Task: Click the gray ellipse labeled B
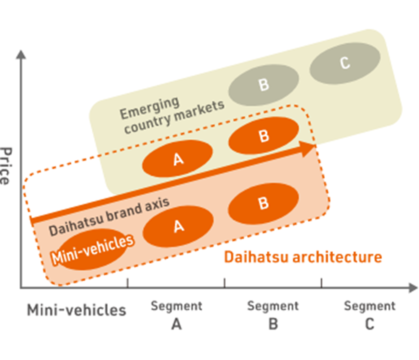click(x=264, y=85)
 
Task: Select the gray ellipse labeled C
click(x=345, y=63)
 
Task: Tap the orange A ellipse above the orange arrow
click(x=178, y=158)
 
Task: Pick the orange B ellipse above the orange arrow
click(x=264, y=135)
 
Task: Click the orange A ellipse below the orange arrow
click(x=178, y=226)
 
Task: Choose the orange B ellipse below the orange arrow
click(x=263, y=203)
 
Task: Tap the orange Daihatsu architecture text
click(x=303, y=257)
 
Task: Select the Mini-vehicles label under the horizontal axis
click(x=77, y=311)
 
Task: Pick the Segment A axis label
click(x=176, y=314)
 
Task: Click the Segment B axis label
click(x=273, y=314)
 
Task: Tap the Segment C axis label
click(x=370, y=314)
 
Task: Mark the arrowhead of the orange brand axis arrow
click(x=309, y=148)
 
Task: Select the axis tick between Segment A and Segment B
click(x=225, y=283)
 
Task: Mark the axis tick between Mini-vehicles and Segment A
click(x=127, y=283)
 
